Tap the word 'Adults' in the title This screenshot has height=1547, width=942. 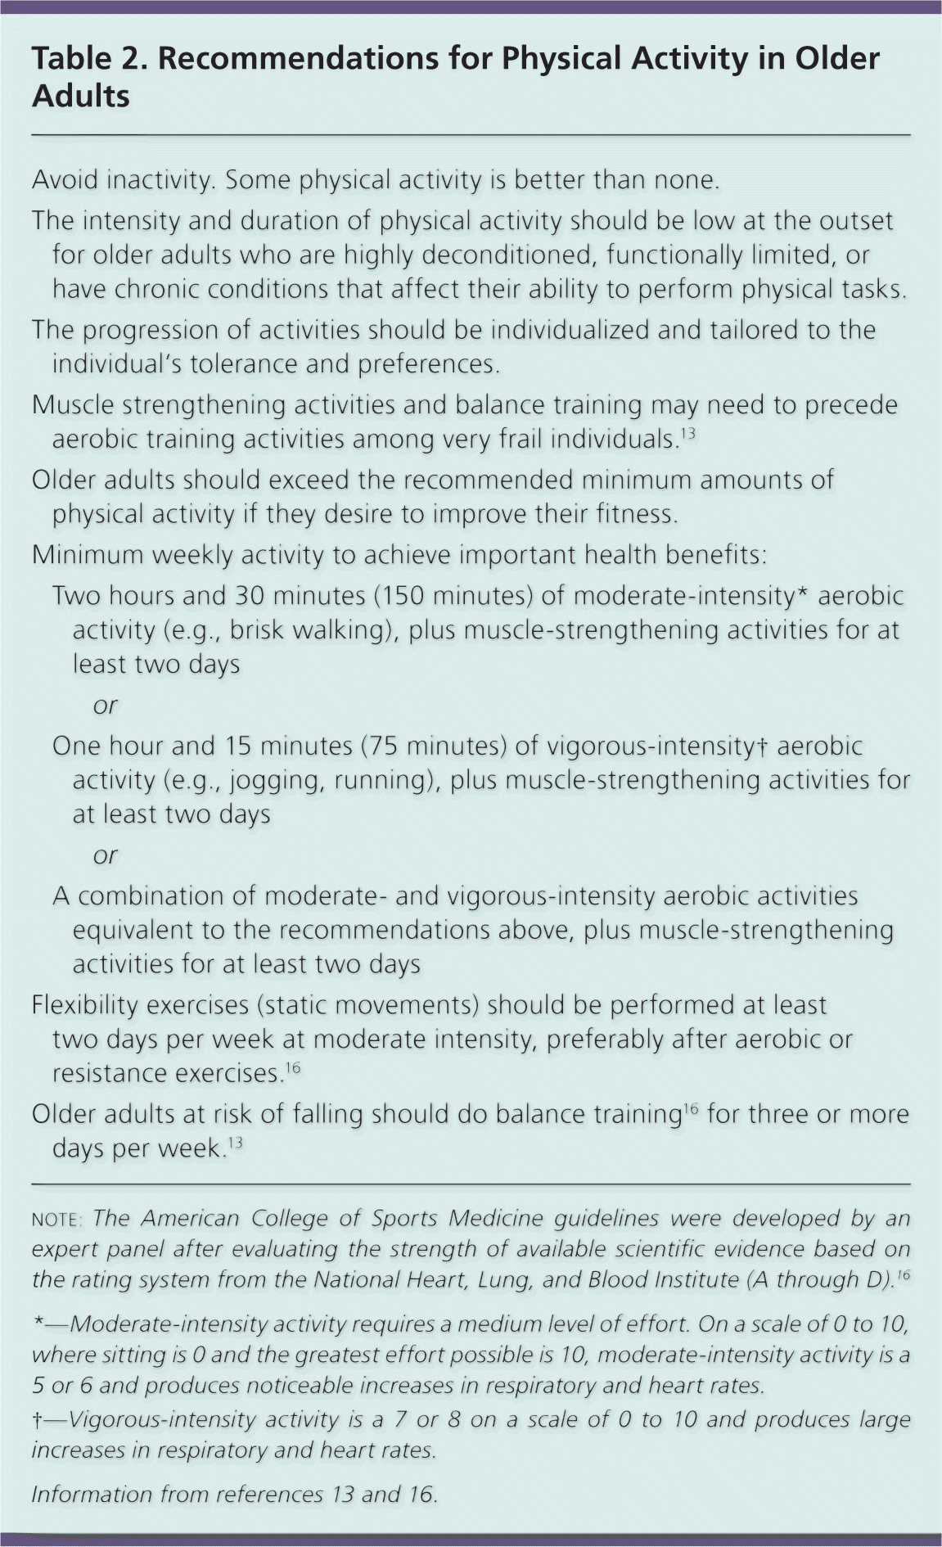[x=81, y=97]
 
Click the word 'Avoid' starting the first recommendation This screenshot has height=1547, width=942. [x=65, y=179]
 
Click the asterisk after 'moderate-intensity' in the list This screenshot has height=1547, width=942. [x=803, y=593]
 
